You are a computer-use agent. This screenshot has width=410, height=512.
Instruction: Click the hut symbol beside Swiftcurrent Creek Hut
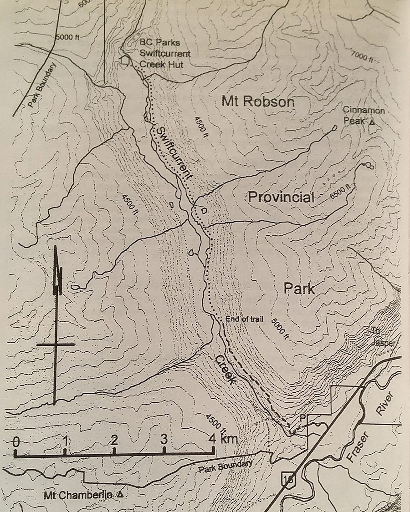tap(124, 60)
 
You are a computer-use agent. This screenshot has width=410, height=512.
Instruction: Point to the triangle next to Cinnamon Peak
tap(372, 122)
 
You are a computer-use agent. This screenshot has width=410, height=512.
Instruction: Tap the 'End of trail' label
tap(245, 319)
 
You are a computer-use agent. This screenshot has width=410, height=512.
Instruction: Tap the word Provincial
tap(281, 197)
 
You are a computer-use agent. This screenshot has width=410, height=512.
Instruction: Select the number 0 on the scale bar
tap(16, 441)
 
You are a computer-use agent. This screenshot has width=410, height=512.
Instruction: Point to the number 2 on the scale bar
tap(114, 441)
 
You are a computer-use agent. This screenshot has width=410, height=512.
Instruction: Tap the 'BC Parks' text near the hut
tap(160, 43)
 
